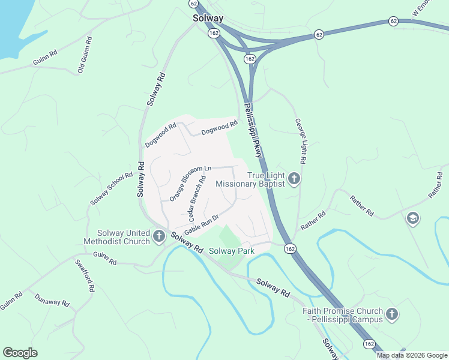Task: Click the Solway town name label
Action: [208, 19]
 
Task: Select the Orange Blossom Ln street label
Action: [191, 183]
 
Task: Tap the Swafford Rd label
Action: [85, 275]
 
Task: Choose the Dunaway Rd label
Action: [52, 299]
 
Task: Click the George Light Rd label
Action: [300, 141]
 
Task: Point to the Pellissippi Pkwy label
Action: [253, 131]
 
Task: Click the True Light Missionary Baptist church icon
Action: [294, 178]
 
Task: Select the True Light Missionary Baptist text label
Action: [250, 179]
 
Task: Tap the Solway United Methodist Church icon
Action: [159, 236]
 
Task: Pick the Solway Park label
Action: [232, 250]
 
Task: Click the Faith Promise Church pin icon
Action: [392, 314]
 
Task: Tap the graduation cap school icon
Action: [412, 218]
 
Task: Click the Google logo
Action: [20, 353]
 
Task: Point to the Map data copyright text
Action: [411, 355]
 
